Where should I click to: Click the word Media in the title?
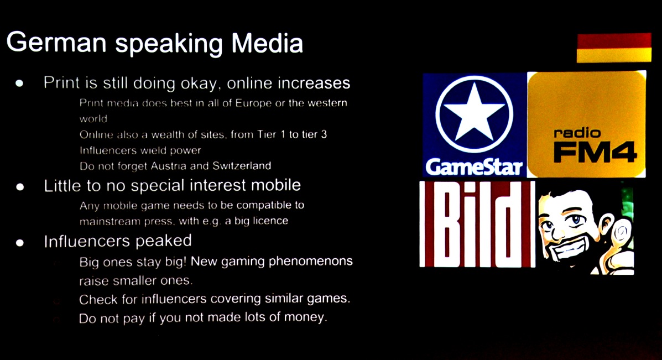click(267, 43)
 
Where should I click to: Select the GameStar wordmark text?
click(474, 167)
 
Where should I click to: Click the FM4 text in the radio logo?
click(595, 152)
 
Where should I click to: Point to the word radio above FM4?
click(577, 133)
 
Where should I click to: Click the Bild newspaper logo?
click(477, 223)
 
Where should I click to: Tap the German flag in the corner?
click(614, 48)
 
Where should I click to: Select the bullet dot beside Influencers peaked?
click(19, 243)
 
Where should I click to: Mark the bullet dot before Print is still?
click(19, 83)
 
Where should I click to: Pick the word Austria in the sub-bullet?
click(169, 166)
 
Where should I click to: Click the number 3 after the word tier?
click(324, 134)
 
